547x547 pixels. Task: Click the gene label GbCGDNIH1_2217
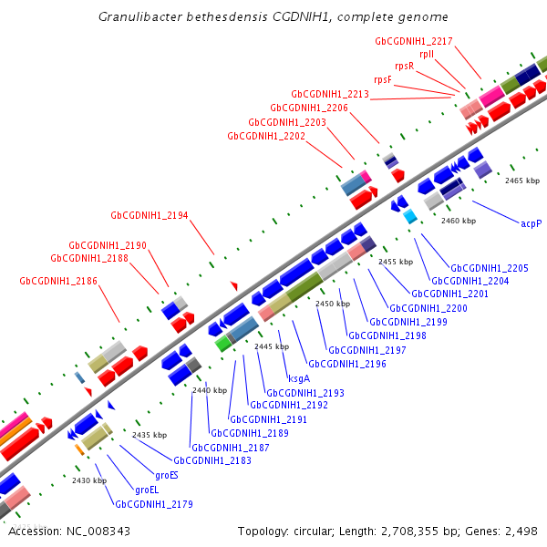(x=414, y=41)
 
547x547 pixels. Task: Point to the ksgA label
(x=299, y=378)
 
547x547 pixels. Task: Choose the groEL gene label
(x=147, y=490)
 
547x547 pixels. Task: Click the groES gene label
(x=167, y=475)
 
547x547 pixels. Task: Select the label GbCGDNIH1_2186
(x=58, y=282)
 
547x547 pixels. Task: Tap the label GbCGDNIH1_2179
(x=154, y=503)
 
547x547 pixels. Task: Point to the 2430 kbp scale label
(x=89, y=480)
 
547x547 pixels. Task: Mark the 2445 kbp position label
(x=271, y=346)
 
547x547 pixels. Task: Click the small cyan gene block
(x=410, y=216)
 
